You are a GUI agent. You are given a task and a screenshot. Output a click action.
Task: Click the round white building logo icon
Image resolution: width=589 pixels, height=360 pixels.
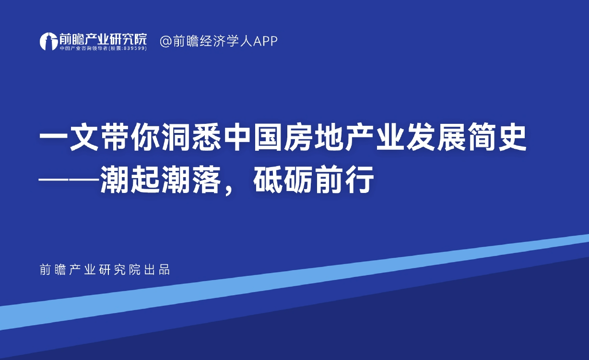tap(48, 41)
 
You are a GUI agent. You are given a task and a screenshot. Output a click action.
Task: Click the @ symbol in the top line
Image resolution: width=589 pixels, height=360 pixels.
tap(165, 41)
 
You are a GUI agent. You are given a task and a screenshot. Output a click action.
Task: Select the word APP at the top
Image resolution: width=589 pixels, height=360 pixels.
tap(265, 41)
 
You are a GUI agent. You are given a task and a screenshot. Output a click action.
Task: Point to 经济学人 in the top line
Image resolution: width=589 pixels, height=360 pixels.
tap(226, 41)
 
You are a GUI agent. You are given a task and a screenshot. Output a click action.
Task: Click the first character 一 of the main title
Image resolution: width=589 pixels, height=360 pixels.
tap(54, 138)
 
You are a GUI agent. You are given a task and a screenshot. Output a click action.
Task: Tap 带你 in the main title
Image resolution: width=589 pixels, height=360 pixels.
tap(130, 138)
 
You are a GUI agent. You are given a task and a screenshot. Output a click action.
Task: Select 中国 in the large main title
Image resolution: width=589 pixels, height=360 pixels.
tap(253, 138)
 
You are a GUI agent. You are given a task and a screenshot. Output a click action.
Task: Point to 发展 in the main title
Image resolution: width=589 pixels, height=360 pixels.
tap(436, 138)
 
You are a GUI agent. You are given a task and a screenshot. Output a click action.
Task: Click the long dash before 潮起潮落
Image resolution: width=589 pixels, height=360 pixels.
tap(70, 180)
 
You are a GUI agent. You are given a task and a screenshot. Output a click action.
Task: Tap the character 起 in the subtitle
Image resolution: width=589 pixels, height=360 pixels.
tap(146, 180)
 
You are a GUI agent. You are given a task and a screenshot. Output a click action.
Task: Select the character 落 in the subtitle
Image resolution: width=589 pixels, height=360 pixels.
tap(207, 180)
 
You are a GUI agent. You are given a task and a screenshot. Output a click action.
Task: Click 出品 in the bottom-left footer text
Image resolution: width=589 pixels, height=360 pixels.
tap(157, 270)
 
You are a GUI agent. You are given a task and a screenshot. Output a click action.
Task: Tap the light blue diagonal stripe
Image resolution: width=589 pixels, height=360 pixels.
tap(294, 282)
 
